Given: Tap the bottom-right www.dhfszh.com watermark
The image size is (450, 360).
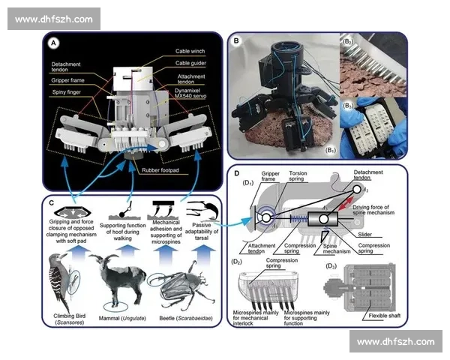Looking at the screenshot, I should [x=394, y=341].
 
